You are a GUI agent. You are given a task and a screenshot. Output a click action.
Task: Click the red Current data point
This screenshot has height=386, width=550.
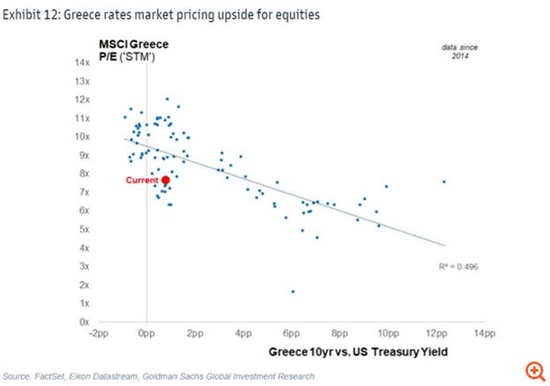pyautogui.click(x=165, y=180)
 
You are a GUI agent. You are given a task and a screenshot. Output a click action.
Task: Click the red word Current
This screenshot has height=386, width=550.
pyautogui.click(x=141, y=180)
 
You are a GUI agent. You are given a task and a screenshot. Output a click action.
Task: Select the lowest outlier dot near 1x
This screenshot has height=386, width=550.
pyautogui.click(x=293, y=291)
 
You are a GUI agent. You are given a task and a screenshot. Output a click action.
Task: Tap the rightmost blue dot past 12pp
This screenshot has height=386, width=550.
pyautogui.click(x=443, y=182)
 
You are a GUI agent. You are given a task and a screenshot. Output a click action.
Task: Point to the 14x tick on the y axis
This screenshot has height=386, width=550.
pyautogui.click(x=84, y=63)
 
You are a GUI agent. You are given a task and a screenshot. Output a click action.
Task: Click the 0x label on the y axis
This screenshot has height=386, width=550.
pyautogui.click(x=85, y=322)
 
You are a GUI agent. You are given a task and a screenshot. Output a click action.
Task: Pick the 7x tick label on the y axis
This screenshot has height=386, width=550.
pyautogui.click(x=85, y=192)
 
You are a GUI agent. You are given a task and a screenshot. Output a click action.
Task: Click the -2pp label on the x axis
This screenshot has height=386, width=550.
pyautogui.click(x=98, y=335)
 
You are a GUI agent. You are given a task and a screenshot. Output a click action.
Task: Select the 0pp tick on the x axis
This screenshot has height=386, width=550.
pyautogui.click(x=146, y=335)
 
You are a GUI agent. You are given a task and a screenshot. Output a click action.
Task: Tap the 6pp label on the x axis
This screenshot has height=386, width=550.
pyautogui.click(x=292, y=335)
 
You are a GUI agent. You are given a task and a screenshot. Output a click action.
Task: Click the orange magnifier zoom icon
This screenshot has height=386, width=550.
pyautogui.click(x=533, y=371)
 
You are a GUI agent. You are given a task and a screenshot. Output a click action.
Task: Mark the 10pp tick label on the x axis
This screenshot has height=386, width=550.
pyautogui.click(x=388, y=335)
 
